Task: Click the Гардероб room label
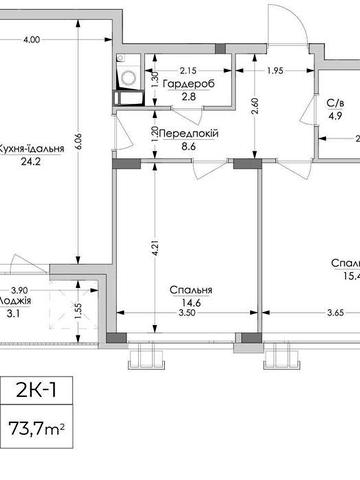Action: tap(188, 84)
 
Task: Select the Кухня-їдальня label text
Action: tap(31, 149)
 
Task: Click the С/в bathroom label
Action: tap(336, 102)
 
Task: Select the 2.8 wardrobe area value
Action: tap(188, 97)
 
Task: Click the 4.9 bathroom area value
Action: tap(336, 114)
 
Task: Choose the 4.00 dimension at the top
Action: tap(30, 40)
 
